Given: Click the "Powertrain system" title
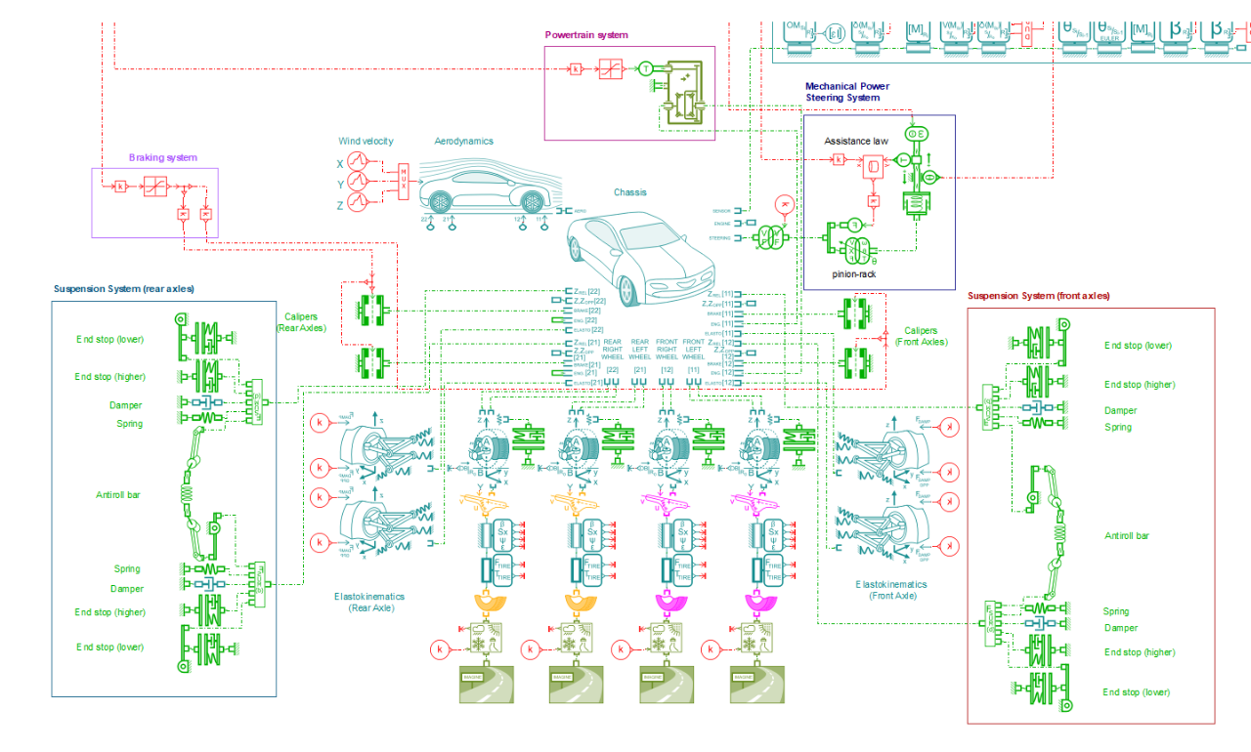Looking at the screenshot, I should pyautogui.click(x=586, y=35).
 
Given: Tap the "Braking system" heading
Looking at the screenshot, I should pyautogui.click(x=162, y=157).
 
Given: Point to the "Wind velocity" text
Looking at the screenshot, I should pyautogui.click(x=366, y=142).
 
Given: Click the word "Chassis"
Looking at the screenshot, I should pyautogui.click(x=630, y=192).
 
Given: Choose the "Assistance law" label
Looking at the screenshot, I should pyautogui.click(x=856, y=142).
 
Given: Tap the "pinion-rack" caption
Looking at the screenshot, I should pyautogui.click(x=855, y=274).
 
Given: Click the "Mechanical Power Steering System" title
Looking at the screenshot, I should pyautogui.click(x=846, y=92).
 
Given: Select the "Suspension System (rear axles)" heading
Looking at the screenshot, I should pyautogui.click(x=124, y=289).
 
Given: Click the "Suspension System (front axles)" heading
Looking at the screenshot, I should pyautogui.click(x=1038, y=296).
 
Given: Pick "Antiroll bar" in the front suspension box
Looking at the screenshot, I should pyautogui.click(x=1127, y=535).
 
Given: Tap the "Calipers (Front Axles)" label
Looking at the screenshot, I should pyautogui.click(x=921, y=337).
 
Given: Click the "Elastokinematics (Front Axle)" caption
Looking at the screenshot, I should pyautogui.click(x=890, y=590).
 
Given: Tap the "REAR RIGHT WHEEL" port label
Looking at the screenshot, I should pyautogui.click(x=613, y=350).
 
